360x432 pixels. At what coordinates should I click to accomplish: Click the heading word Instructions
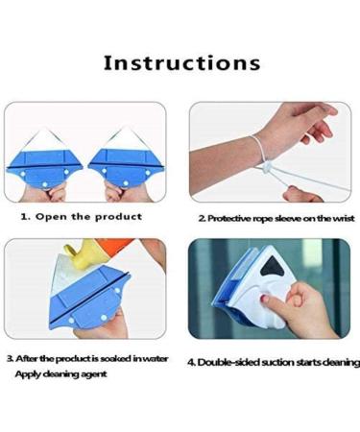pos(181,63)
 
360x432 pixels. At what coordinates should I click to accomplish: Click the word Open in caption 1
pos(55,216)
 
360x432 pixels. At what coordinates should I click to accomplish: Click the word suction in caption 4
pos(278,363)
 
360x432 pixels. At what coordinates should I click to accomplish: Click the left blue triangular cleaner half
pos(49,160)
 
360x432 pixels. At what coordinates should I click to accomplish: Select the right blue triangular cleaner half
pos(124,160)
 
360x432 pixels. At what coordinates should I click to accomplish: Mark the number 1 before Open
pos(25,216)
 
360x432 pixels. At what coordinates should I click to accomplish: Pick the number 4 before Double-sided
pos(192,363)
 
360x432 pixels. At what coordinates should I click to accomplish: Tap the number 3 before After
pos(9,358)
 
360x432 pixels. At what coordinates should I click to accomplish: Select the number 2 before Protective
pos(200,219)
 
